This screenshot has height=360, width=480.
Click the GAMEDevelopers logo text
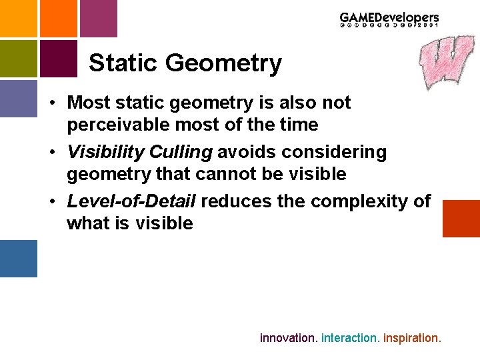[389, 18]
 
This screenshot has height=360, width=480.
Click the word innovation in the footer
[288, 338]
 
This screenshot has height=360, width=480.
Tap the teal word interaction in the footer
[350, 338]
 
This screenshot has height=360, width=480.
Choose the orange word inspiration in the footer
[411, 338]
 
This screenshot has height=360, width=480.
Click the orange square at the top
[59, 18]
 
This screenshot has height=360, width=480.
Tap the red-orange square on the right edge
[461, 218]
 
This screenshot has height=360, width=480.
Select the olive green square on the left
[18, 59]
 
